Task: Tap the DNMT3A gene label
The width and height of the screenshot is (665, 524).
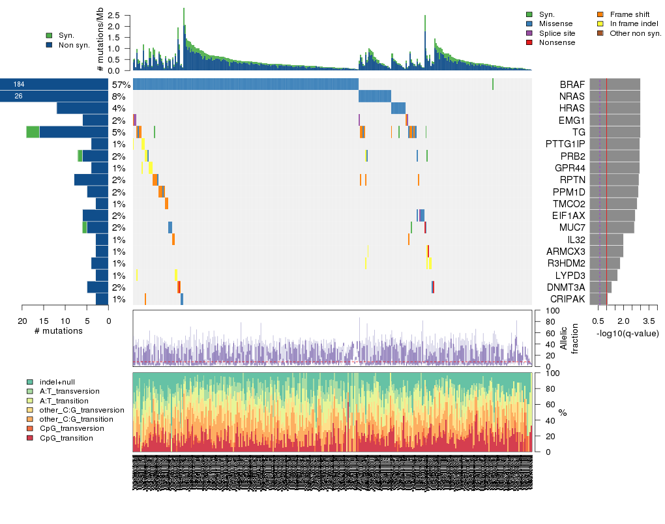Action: click(566, 287)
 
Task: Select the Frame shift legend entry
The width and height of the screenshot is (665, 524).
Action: click(629, 14)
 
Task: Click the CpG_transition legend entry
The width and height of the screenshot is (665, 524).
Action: click(66, 438)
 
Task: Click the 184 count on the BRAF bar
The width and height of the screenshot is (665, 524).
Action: click(19, 85)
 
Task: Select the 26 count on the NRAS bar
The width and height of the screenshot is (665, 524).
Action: click(19, 96)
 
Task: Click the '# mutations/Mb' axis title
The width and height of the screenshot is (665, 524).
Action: click(100, 40)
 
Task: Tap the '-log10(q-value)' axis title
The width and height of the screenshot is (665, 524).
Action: click(627, 333)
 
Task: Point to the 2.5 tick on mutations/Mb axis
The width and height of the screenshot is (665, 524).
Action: click(114, 15)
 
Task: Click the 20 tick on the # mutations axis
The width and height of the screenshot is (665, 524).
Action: click(22, 321)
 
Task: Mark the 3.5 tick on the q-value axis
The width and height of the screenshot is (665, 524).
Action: click(649, 321)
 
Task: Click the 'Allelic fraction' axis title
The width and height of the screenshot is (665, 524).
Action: click(568, 339)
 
